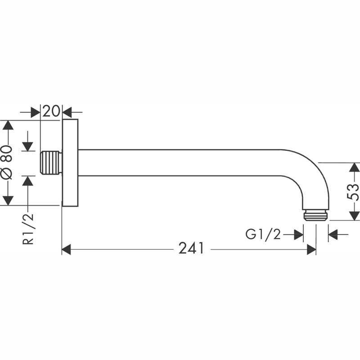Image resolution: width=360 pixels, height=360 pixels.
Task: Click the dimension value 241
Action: tap(191, 248)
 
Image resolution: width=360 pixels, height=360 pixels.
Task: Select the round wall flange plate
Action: tap(70, 162)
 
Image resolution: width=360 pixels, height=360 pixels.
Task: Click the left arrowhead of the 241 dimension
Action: tap(66, 249)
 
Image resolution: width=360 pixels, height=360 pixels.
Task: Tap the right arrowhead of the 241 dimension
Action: tap(311, 249)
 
